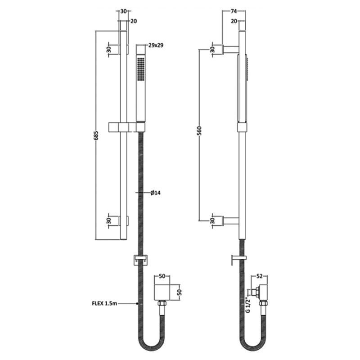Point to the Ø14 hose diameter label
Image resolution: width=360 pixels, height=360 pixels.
[155, 193]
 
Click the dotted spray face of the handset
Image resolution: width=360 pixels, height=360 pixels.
[140, 70]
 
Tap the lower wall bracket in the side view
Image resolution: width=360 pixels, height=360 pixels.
[230, 220]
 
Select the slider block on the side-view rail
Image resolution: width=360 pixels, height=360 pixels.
[242, 127]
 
